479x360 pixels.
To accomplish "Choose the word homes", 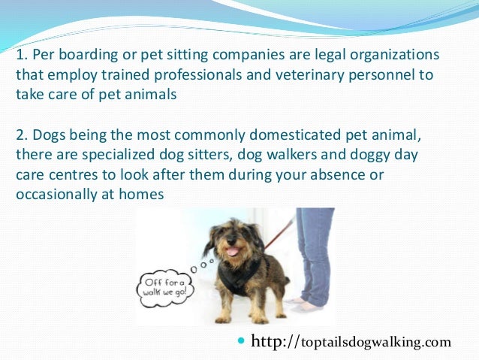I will (143, 193).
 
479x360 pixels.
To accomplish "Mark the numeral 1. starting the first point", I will (21, 57).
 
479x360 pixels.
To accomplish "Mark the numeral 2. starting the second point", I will (21, 135).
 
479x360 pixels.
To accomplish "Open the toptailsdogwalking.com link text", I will (376, 343).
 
